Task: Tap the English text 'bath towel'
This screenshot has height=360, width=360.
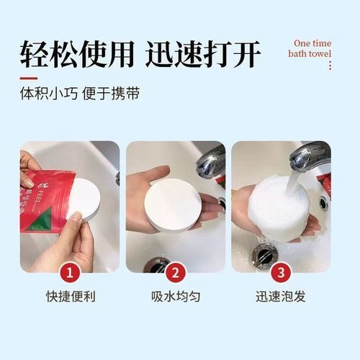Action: pos(310,53)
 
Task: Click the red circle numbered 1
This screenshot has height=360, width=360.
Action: pos(70,273)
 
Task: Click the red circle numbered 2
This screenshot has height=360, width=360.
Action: pos(176,273)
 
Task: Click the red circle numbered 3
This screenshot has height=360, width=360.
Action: pos(281,273)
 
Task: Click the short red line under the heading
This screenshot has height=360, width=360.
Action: pos(28,76)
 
